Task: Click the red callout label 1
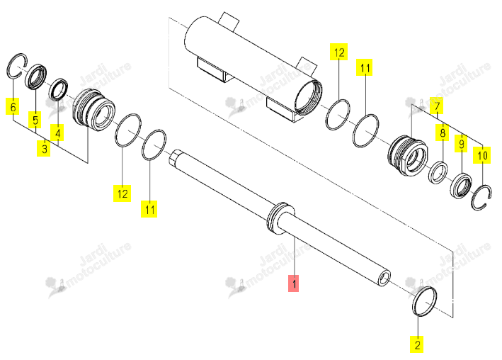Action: [293, 283]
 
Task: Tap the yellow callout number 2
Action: [417, 344]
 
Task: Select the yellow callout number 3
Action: [43, 148]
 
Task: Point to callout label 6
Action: [13, 106]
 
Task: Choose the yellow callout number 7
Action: [437, 106]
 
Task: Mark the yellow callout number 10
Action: [482, 155]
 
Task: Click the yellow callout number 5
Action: [35, 120]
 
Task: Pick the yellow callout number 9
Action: [461, 143]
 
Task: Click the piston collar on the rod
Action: [280, 219]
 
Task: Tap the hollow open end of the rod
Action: [384, 278]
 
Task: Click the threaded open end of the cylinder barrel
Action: [309, 98]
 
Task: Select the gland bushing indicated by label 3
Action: [93, 109]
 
